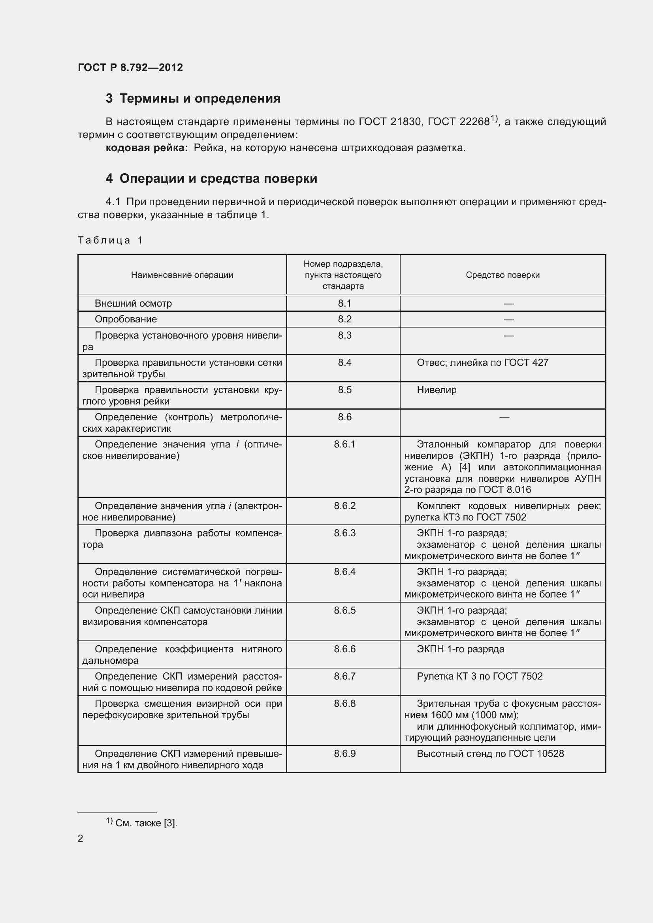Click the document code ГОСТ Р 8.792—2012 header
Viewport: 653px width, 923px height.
click(130, 67)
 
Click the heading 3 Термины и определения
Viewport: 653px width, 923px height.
click(193, 99)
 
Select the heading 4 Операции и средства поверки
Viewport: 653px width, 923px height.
click(211, 178)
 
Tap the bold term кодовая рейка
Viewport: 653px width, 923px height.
click(147, 148)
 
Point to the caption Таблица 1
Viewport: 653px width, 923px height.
click(110, 240)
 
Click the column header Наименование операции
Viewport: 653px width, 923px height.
click(182, 275)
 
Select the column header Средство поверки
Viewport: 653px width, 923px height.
click(502, 275)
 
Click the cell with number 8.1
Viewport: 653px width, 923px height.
click(344, 303)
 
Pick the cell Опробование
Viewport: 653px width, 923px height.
click(126, 319)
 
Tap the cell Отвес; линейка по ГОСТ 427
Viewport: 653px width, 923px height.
click(482, 363)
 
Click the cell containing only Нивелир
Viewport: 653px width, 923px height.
click(437, 390)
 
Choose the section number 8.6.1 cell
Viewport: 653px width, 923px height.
click(344, 445)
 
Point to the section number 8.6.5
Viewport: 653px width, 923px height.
click(344, 610)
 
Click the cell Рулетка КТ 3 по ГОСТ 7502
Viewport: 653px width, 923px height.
click(480, 676)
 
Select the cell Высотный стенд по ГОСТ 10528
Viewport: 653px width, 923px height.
click(490, 754)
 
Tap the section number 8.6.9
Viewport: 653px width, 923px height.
click(344, 754)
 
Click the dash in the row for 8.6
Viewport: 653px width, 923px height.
click(504, 418)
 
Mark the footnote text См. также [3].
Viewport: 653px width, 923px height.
click(146, 823)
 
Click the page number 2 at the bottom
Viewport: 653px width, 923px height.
click(81, 839)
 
